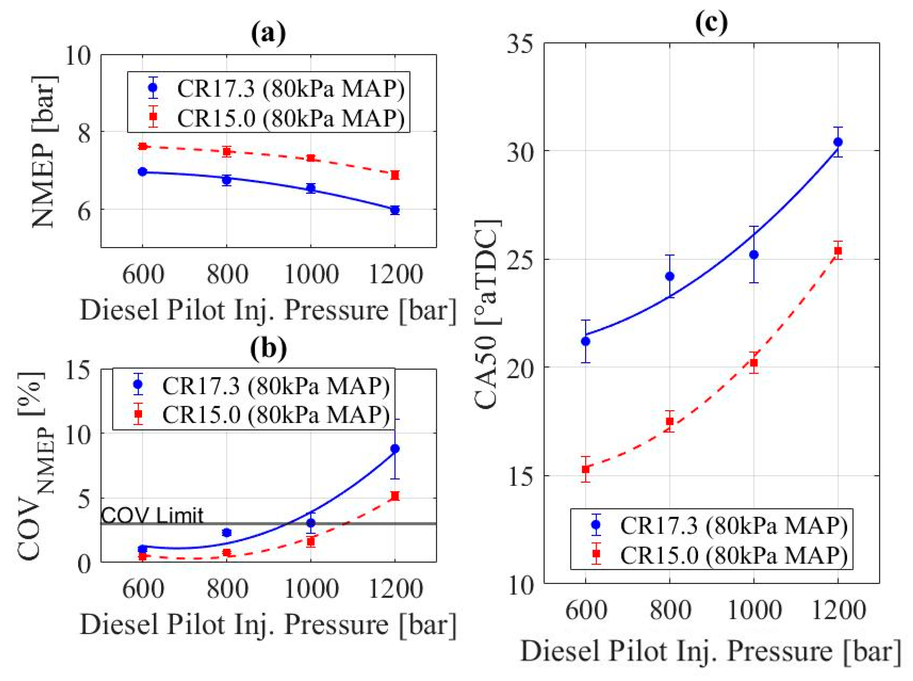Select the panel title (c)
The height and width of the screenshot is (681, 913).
(x=711, y=23)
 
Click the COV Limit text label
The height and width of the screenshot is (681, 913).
(x=152, y=515)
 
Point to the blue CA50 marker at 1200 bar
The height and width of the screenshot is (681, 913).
(x=838, y=142)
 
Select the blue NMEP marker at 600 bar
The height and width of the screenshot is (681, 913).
(x=143, y=172)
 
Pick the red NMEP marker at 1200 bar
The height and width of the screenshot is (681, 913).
(x=395, y=175)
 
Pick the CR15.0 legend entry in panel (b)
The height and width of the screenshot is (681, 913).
(x=264, y=414)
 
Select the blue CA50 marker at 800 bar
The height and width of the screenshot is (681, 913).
(x=669, y=276)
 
